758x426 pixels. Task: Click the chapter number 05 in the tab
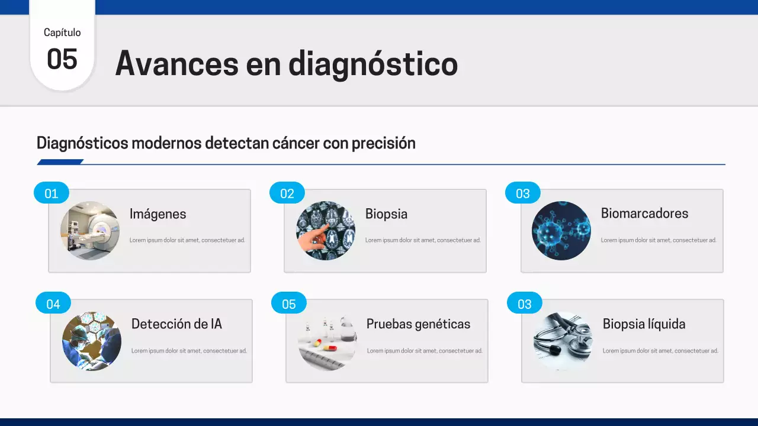[62, 60]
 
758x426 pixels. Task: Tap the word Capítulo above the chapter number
[62, 33]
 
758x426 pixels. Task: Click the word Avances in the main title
[168, 63]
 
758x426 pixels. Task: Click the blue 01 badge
[52, 193]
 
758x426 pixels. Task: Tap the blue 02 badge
[287, 193]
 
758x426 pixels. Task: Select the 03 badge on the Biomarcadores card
[523, 193]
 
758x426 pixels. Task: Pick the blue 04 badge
[53, 304]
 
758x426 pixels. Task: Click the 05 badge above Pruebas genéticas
[289, 304]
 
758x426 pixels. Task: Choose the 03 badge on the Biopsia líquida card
[525, 304]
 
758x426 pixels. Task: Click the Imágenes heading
[158, 214]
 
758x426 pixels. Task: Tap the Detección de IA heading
[176, 324]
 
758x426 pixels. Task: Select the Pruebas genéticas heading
[418, 324]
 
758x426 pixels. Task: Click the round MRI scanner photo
[90, 231]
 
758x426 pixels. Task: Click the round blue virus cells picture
[561, 231]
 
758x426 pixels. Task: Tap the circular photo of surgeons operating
[92, 341]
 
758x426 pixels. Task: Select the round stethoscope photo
[563, 341]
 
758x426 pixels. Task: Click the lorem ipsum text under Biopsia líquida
[660, 351]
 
